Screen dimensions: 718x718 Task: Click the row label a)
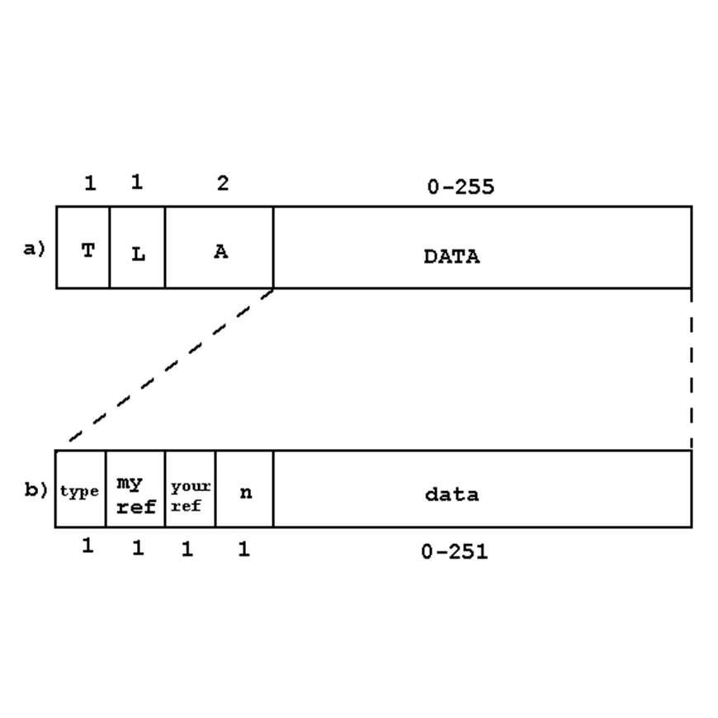click(34, 248)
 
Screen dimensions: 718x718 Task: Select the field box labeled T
click(83, 248)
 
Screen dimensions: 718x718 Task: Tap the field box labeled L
click(137, 248)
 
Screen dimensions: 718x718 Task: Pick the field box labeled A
click(219, 248)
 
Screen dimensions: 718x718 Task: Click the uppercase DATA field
click(482, 248)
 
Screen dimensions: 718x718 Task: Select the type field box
click(80, 489)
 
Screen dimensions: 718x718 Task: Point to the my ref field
click(135, 489)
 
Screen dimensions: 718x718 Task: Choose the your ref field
click(190, 489)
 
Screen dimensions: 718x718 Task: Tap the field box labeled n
click(244, 489)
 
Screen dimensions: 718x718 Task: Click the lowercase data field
click(482, 489)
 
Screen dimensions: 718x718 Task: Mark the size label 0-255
click(461, 187)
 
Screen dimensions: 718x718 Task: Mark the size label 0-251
click(454, 551)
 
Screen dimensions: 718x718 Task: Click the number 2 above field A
click(222, 183)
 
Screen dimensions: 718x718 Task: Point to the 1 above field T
click(90, 183)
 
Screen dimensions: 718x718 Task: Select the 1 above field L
click(136, 182)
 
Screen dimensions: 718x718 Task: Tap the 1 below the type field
click(87, 546)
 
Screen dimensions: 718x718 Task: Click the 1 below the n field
click(243, 549)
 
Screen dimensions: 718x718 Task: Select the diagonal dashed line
click(170, 366)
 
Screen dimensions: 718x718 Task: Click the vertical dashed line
click(691, 367)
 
